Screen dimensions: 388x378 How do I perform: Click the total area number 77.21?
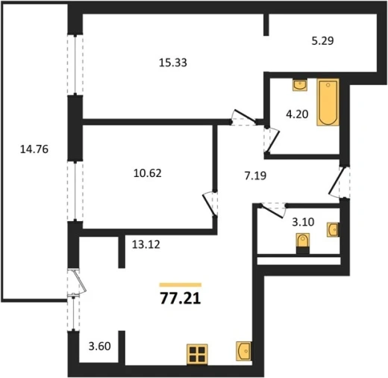[x=181, y=298]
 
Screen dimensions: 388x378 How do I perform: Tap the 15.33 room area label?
[x=173, y=63]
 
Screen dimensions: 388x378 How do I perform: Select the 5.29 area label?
[x=322, y=41]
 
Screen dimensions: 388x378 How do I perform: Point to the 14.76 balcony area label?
[x=34, y=149]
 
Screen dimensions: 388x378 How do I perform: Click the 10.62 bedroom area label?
[x=148, y=173]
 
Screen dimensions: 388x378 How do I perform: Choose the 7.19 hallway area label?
[x=255, y=176]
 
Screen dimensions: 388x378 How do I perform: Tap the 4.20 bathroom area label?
[x=297, y=114]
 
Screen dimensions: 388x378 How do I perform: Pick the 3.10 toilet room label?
[x=303, y=222]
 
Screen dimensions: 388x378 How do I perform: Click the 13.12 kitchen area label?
[x=146, y=244]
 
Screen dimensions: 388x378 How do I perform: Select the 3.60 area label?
[x=99, y=346]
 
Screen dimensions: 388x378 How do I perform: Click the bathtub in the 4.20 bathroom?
[x=328, y=102]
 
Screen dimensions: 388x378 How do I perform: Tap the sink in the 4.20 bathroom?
[x=300, y=85]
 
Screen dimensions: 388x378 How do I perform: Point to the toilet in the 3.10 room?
[x=303, y=244]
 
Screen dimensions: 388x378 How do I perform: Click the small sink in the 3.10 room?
[x=333, y=229]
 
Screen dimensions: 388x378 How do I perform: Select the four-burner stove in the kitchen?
[x=197, y=354]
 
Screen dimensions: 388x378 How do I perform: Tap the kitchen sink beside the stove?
[x=243, y=351]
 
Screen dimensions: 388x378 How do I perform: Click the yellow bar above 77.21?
[x=181, y=285]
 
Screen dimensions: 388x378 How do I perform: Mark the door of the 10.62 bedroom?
[x=210, y=204]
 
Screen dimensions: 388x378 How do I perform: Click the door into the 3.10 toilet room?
[x=273, y=211]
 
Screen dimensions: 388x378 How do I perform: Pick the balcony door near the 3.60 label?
[x=77, y=283]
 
